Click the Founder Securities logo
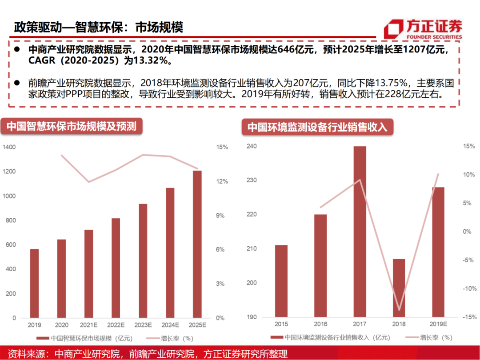(423, 29)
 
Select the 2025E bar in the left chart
(197, 244)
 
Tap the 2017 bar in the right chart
(360, 232)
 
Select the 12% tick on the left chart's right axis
(222, 181)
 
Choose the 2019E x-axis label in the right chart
(438, 324)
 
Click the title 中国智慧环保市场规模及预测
(71, 126)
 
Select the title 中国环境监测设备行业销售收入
(317, 127)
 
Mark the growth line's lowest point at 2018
(399, 310)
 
